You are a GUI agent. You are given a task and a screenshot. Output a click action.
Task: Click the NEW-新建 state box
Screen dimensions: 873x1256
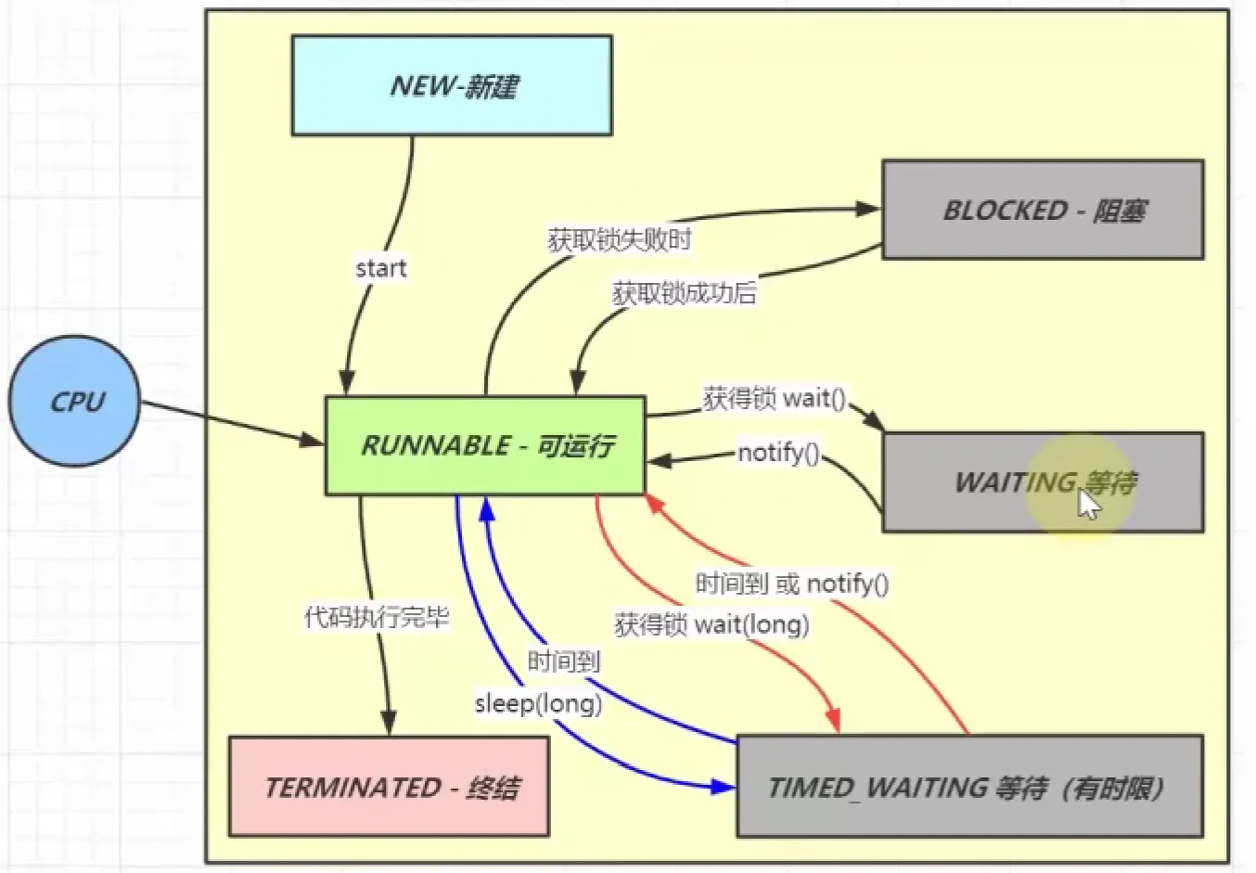tap(452, 86)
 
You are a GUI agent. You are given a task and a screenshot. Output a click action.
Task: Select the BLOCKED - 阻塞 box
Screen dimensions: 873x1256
tap(1043, 210)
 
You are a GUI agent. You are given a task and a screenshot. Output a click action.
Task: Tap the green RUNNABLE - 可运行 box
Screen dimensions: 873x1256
tap(485, 446)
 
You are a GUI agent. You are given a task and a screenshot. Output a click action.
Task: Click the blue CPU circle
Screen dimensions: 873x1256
tap(75, 402)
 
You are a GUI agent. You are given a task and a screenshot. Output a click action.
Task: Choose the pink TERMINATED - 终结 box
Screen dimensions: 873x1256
tap(389, 788)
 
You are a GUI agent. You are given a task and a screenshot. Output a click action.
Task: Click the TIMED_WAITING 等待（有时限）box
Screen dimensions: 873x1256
tap(969, 788)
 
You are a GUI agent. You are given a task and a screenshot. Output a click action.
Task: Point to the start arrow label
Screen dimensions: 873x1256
tap(380, 269)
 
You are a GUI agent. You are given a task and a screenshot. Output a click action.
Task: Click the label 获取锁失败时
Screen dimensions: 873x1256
tap(620, 240)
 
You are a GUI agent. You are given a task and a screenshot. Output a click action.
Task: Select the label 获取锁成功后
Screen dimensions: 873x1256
tap(685, 293)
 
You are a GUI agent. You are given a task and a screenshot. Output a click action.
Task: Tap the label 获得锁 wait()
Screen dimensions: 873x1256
tap(775, 399)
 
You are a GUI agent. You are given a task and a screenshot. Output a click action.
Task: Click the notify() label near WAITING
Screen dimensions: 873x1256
tap(778, 453)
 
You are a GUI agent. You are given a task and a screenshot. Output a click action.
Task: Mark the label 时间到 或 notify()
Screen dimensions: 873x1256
tap(792, 584)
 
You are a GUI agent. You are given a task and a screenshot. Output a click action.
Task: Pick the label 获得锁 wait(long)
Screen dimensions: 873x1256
tap(711, 624)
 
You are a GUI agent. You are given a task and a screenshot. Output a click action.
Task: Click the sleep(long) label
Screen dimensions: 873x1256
tap(538, 703)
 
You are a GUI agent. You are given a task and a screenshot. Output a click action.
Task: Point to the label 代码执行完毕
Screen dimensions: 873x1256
tap(377, 617)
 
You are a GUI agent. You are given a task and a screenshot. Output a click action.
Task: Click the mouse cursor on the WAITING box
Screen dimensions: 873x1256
tap(1088, 504)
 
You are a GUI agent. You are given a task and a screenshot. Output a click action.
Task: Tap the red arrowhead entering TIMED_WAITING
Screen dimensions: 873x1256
tap(834, 720)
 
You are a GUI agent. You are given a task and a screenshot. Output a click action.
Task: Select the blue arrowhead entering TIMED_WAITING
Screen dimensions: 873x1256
tap(723, 787)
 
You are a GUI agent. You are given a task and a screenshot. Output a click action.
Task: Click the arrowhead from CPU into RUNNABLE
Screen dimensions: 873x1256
tap(312, 439)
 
